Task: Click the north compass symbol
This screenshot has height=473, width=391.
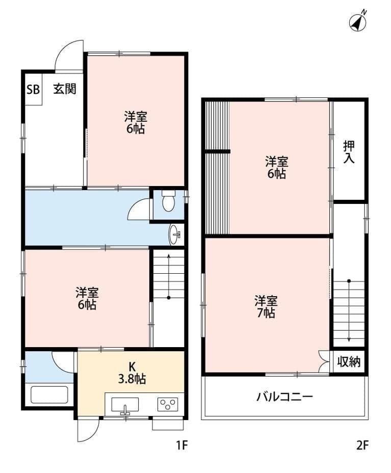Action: click(359, 21)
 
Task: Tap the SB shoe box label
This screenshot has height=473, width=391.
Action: click(33, 89)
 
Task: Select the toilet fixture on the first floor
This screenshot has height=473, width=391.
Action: click(168, 202)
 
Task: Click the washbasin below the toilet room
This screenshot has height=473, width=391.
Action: click(175, 235)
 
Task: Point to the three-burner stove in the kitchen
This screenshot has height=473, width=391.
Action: click(167, 405)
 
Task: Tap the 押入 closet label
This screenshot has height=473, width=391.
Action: click(349, 151)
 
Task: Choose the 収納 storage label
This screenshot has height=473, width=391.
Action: click(349, 362)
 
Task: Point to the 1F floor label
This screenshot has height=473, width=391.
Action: click(182, 445)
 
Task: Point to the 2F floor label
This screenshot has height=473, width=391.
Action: click(362, 445)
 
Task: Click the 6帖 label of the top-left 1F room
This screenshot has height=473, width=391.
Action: click(136, 128)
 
